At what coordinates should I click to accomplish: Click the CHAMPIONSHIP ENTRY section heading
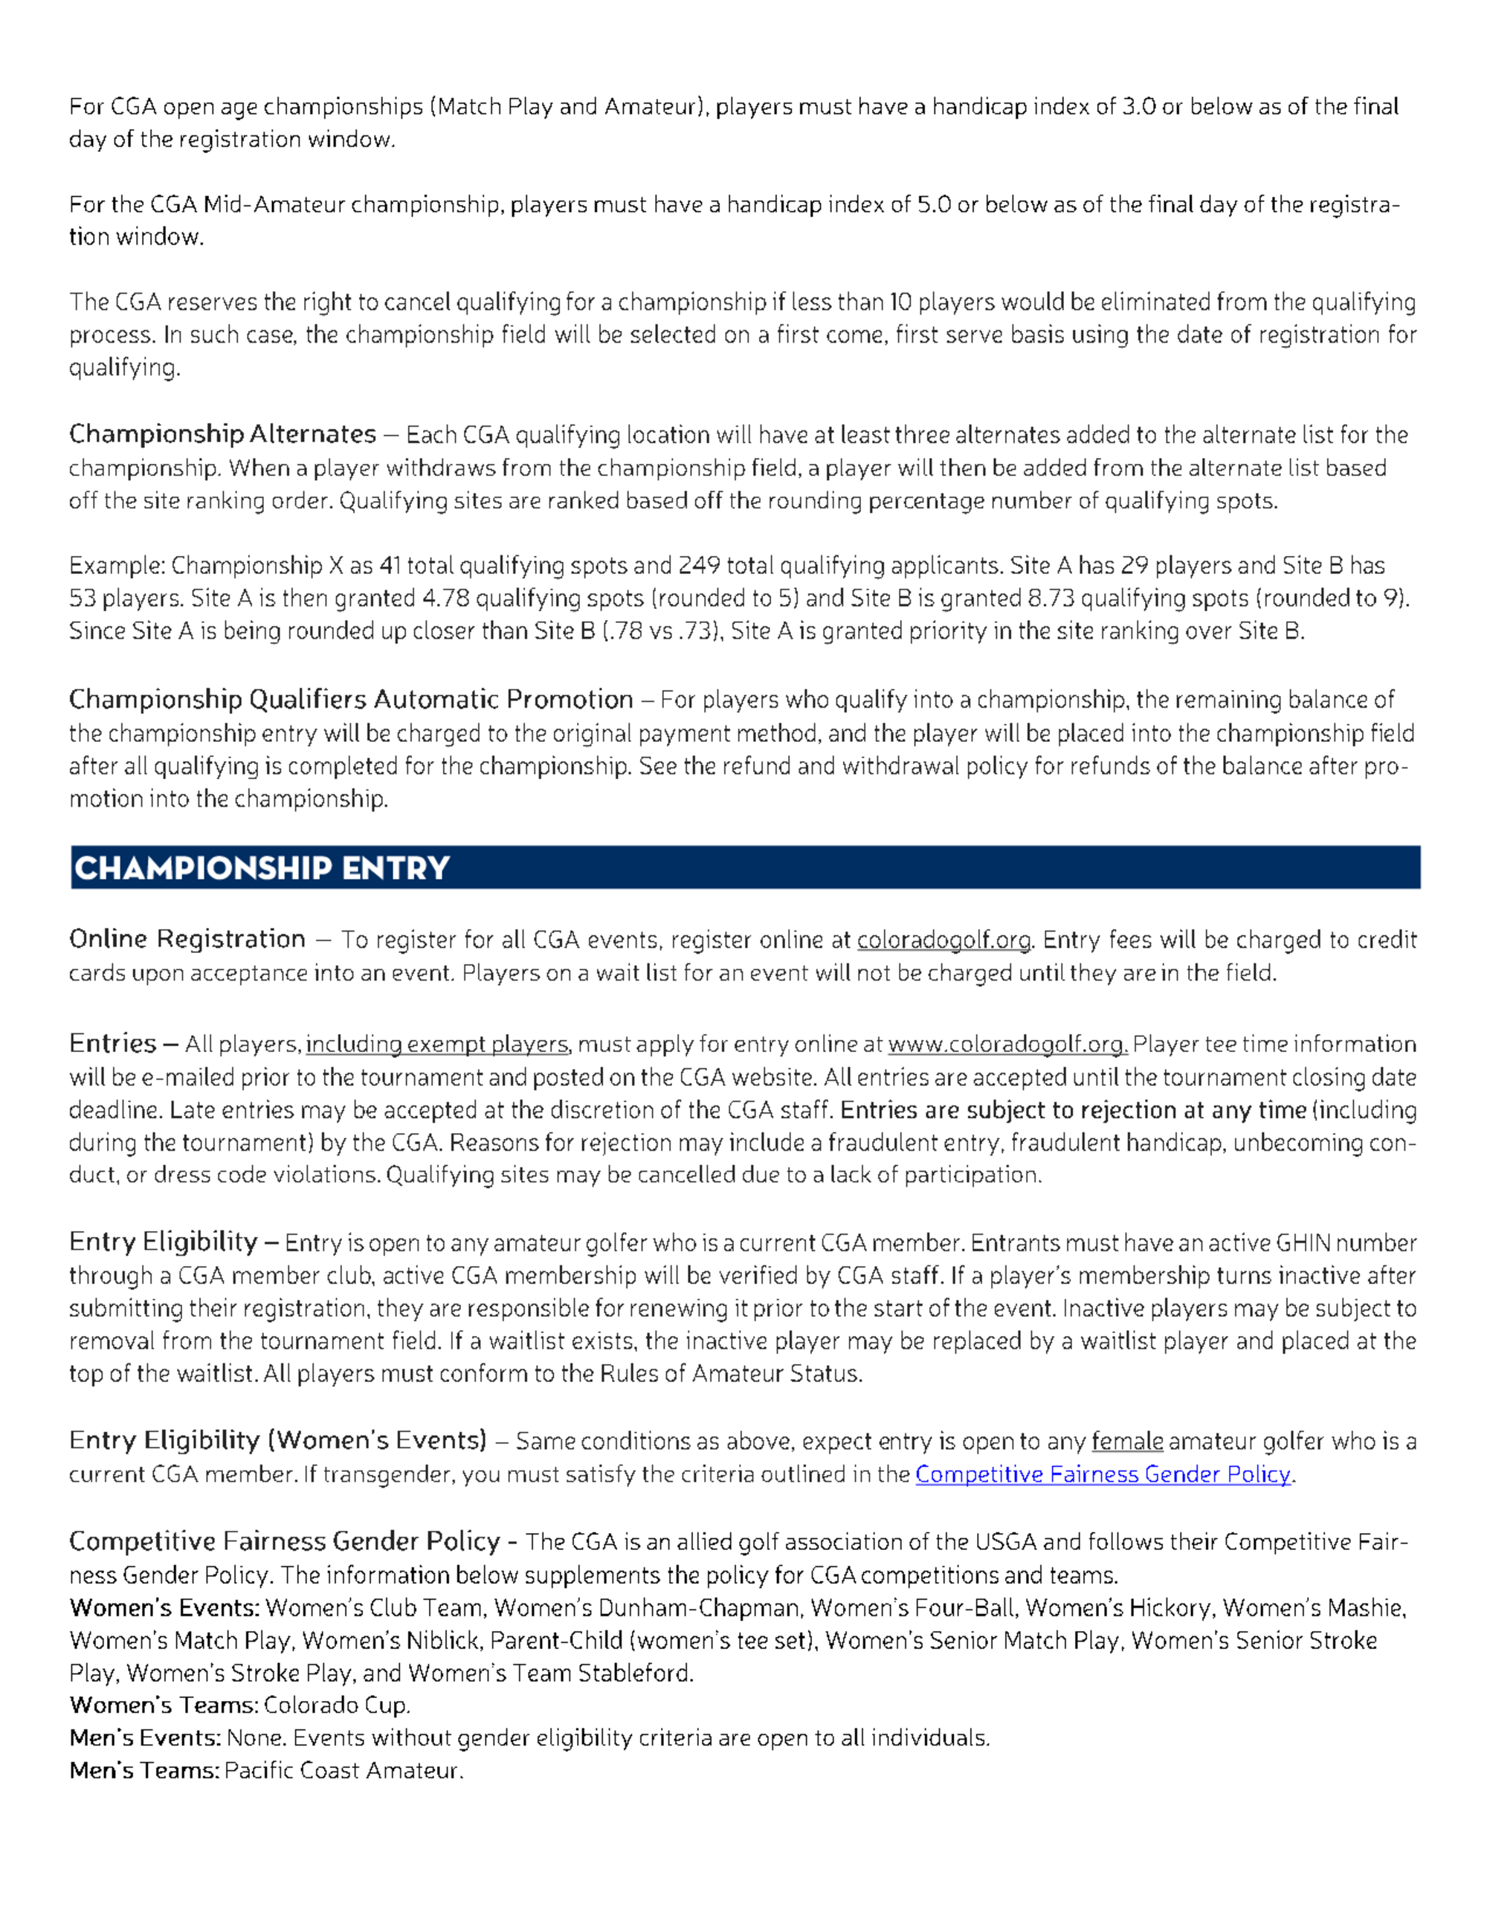(262, 868)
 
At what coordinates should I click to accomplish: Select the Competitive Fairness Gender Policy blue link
(1103, 1475)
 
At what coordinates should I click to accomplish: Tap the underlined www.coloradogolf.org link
(1007, 1045)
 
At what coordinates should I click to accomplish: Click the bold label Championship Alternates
(223, 434)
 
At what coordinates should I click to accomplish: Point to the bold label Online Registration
(187, 939)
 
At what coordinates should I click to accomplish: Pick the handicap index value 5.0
(934, 205)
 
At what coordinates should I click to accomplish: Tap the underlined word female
(1126, 1442)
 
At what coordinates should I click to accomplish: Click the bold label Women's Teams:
(164, 1705)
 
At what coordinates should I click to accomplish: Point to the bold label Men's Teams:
(144, 1771)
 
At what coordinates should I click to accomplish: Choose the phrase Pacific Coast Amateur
(343, 1771)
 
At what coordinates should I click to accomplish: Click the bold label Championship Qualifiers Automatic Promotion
(351, 700)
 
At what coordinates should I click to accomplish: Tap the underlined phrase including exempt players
(438, 1045)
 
